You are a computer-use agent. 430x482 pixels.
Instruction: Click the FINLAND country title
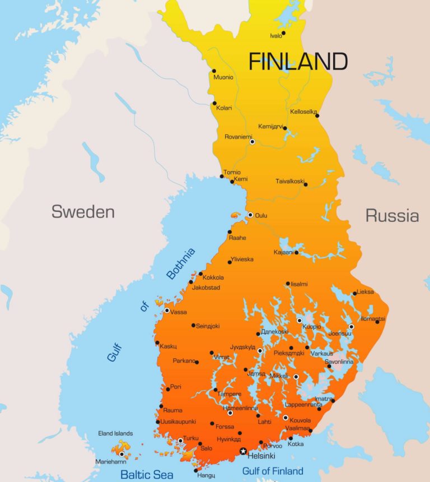point(298,62)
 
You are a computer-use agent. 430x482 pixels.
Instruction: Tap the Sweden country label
point(83,211)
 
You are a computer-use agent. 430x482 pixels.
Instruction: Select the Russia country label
point(392,215)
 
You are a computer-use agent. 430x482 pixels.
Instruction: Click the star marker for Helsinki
point(243,451)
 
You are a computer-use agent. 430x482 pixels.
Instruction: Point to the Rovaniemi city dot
point(252,142)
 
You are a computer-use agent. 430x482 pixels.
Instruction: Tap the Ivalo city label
point(276,36)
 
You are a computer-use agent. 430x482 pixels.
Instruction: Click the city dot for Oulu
point(250,215)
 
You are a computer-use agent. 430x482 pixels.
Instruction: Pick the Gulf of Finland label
point(273,471)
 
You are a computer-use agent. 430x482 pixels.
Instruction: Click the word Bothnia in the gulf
point(181,263)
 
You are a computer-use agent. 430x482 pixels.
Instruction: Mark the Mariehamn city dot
point(121,455)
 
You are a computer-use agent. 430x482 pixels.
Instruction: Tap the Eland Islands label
point(115,433)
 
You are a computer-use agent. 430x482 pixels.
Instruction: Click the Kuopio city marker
point(300,321)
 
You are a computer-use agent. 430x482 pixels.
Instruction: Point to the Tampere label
point(230,394)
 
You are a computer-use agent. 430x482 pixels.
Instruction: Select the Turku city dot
point(180,441)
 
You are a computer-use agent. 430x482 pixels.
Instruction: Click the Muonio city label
point(223,77)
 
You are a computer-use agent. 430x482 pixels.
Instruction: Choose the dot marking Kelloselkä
point(317,115)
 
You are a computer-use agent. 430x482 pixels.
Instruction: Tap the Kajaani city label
point(283,253)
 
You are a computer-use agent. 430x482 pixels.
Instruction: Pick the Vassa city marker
point(167,310)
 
